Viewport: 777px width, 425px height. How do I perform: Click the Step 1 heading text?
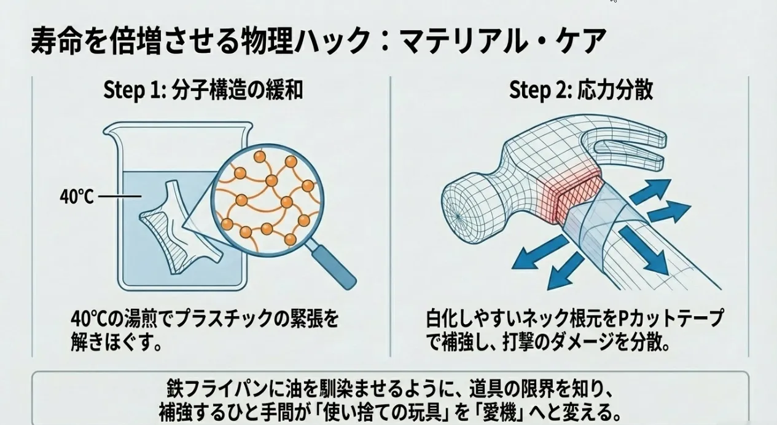[x=203, y=90]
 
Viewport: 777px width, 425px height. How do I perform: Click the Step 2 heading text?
[x=581, y=90]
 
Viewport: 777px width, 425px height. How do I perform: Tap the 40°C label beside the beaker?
[x=77, y=197]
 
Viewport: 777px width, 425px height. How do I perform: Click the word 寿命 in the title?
[x=57, y=41]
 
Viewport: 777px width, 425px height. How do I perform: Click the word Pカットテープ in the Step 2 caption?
[x=671, y=318]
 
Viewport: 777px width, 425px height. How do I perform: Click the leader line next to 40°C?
[x=120, y=197]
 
